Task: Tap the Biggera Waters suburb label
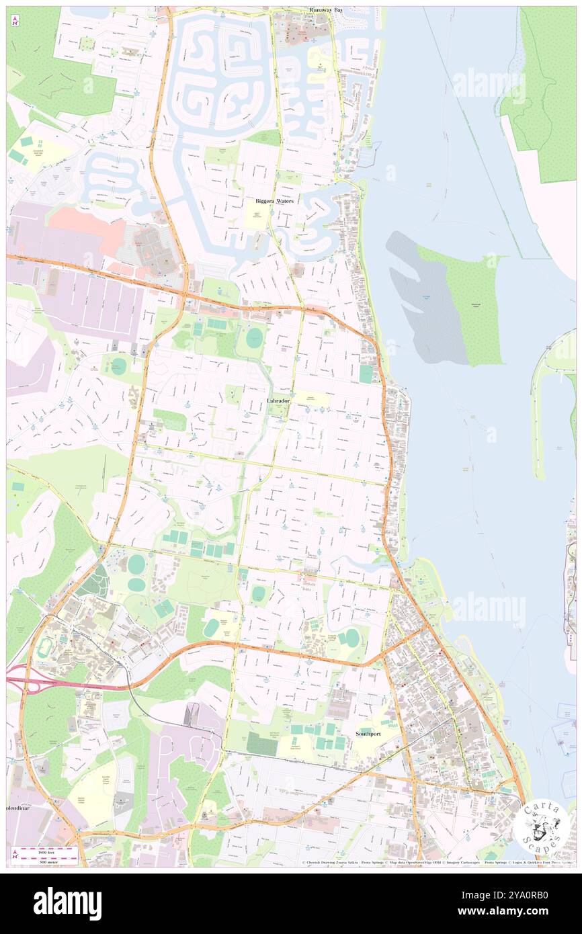274,201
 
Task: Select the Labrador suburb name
278,400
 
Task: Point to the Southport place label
368,734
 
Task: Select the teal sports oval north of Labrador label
254,338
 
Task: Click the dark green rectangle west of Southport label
261,743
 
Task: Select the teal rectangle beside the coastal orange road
365,374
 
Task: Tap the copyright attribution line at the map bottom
430,863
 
